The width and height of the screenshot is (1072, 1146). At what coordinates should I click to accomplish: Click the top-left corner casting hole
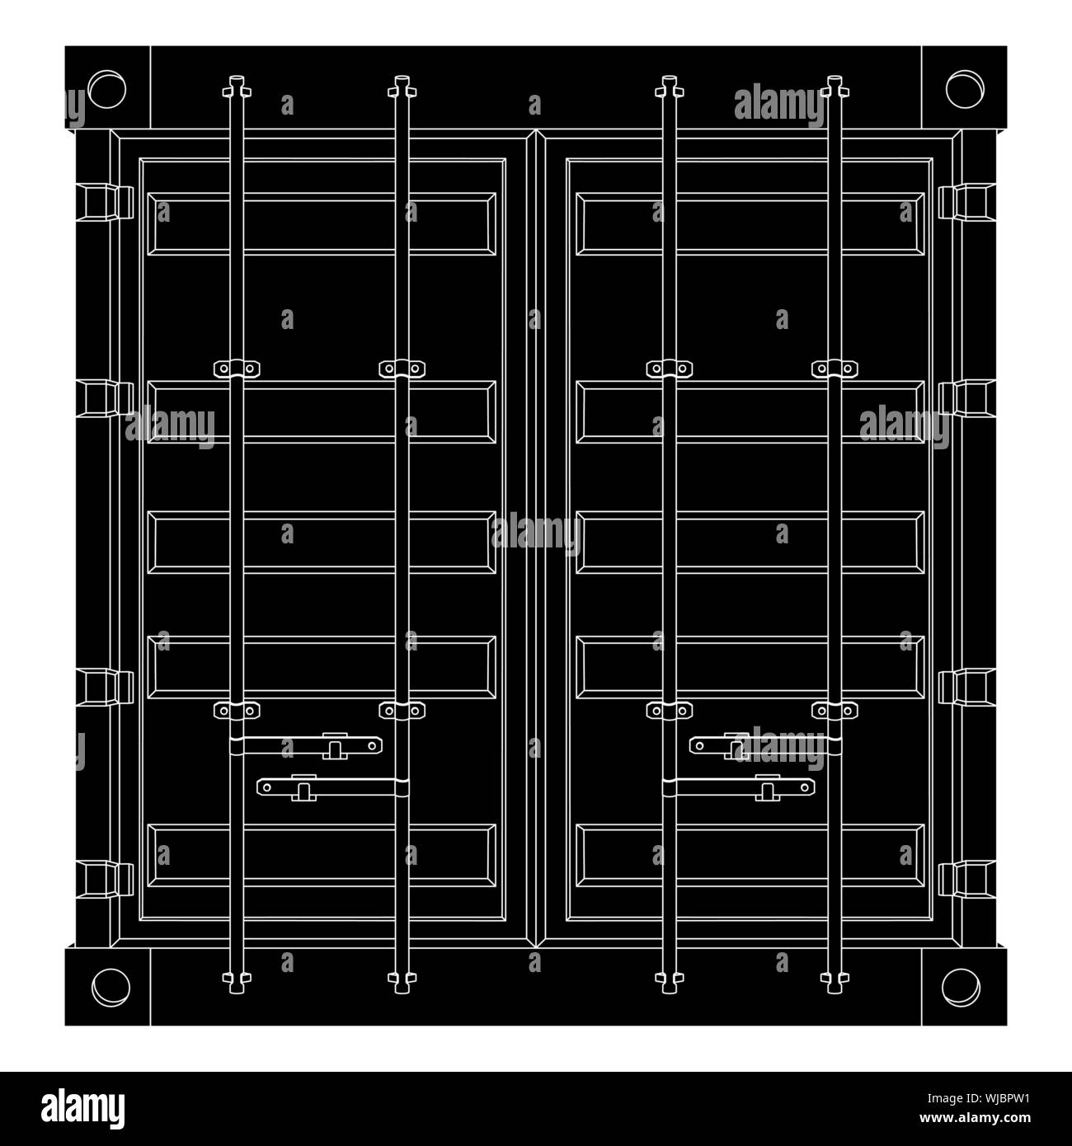coord(106,89)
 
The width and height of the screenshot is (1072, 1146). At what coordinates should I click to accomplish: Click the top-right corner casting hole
coord(965,89)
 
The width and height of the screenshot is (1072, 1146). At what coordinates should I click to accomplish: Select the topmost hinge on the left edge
coord(105,202)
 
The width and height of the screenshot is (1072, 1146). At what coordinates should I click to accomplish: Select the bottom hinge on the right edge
coord(966,879)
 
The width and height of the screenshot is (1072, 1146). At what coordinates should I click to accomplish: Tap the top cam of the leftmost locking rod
coord(237,87)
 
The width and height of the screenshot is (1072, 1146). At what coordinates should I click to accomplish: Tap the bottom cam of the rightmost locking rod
coord(835,979)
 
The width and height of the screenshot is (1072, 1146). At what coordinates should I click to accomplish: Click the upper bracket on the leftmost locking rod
coord(237,369)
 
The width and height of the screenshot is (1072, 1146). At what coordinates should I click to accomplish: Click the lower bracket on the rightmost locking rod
coord(835,710)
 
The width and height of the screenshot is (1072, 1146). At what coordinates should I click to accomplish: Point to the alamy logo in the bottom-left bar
coord(82,1109)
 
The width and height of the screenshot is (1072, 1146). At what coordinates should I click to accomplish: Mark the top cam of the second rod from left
coord(402,87)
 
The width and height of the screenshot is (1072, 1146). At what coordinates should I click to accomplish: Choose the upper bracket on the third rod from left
coord(669,369)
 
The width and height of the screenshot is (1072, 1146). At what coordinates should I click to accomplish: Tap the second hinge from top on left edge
coord(105,398)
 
